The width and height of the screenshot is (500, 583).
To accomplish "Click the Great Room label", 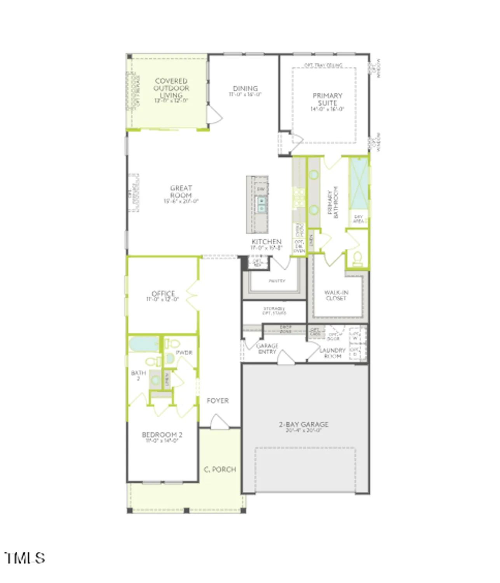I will [181, 192].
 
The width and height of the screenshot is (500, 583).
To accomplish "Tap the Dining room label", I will [245, 89].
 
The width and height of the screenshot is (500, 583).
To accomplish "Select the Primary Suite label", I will [328, 99].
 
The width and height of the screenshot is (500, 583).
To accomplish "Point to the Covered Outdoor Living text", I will [171, 88].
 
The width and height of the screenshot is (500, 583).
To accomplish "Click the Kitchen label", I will [267, 242].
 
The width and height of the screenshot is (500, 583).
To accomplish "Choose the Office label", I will [163, 294].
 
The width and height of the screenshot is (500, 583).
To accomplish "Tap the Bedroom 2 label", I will [162, 435].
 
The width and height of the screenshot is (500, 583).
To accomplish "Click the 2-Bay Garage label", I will [304, 424].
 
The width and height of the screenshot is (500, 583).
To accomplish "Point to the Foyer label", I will [218, 401].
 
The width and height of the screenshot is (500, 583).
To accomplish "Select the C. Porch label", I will [220, 470].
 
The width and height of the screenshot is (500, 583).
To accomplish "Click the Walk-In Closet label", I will [336, 295].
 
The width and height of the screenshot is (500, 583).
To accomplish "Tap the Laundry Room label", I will [333, 353].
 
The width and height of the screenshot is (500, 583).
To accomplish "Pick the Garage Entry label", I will [267, 349].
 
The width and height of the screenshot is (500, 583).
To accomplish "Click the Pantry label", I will [277, 281].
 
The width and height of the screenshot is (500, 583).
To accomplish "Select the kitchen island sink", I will [261, 204].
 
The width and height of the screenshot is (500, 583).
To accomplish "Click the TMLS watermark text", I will [25, 558].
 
